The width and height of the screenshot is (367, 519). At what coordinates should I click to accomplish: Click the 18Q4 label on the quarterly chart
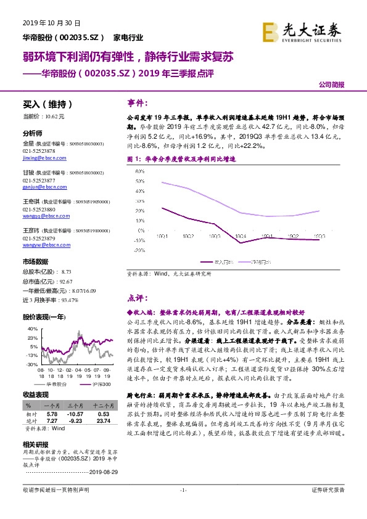pos(241,236)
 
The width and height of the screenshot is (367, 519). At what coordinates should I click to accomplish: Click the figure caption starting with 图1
pos(185,158)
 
